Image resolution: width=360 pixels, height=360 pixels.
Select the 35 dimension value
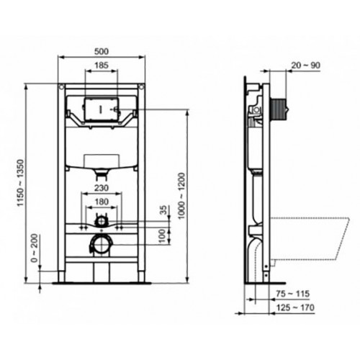(163, 210)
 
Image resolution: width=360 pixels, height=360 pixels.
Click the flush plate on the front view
(101, 108)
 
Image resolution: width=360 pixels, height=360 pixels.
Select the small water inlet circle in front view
(102, 219)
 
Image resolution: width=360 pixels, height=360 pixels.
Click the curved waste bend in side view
(257, 256)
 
